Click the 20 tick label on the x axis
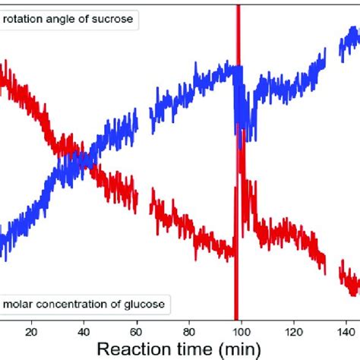pyautogui.click(x=31, y=330)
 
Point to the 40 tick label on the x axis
pyautogui.click(x=84, y=330)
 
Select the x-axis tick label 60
pyautogui.click(x=137, y=330)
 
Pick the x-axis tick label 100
pyautogui.click(x=242, y=330)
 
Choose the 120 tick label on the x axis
pyautogui.click(x=294, y=330)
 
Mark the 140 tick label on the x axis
pyautogui.click(x=346, y=330)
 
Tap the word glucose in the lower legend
pyautogui.click(x=147, y=305)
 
